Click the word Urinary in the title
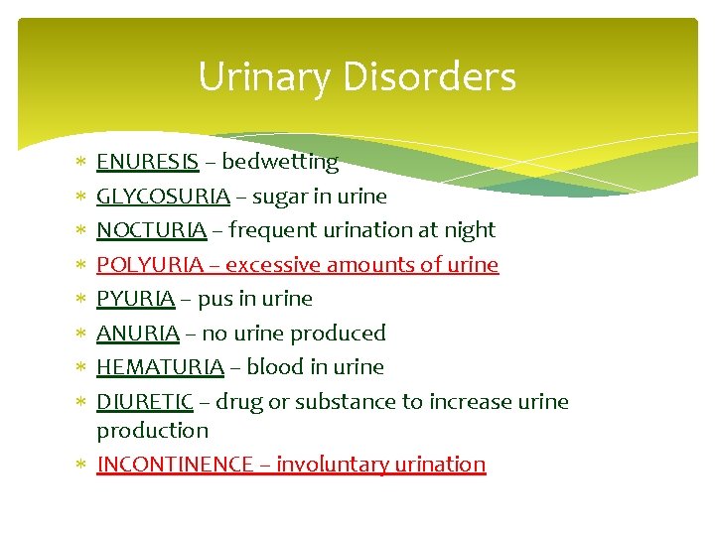click(261, 76)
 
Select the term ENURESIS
click(147, 162)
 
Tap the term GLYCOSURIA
click(163, 197)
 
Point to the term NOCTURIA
click(151, 230)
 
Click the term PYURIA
click(135, 299)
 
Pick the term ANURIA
click(137, 334)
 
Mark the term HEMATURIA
click(160, 367)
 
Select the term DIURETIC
click(145, 402)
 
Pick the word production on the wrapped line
click(152, 431)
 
